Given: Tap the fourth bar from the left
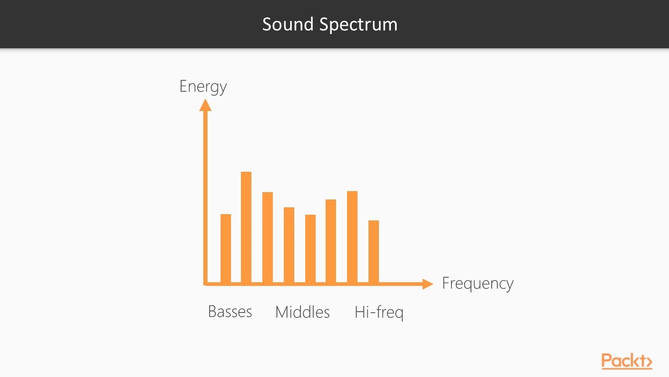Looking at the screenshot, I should coord(289,245).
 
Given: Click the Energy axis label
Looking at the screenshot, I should coord(203,86).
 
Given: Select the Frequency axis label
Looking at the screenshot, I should coord(478,283).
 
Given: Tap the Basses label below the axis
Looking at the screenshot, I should coord(230,312).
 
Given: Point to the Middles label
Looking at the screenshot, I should coord(303,312).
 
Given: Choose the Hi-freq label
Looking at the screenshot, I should coord(379,313).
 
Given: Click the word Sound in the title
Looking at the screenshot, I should coord(287,24).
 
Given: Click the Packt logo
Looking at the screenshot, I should coord(626,361).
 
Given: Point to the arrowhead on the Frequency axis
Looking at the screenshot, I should coord(428,284).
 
